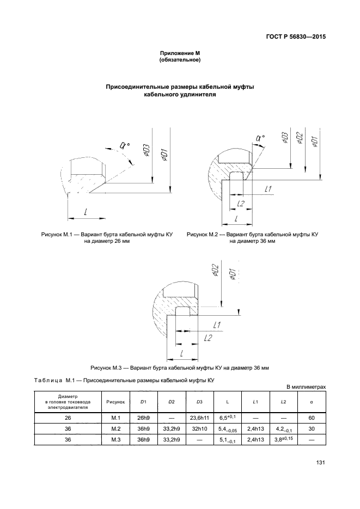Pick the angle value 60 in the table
tap(311, 418)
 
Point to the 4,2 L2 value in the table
tap(284, 429)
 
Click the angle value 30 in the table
tap(311, 428)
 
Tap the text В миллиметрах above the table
tap(306, 387)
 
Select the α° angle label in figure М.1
tap(124, 145)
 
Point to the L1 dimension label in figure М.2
tap(268, 189)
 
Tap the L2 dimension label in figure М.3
tap(206, 338)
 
